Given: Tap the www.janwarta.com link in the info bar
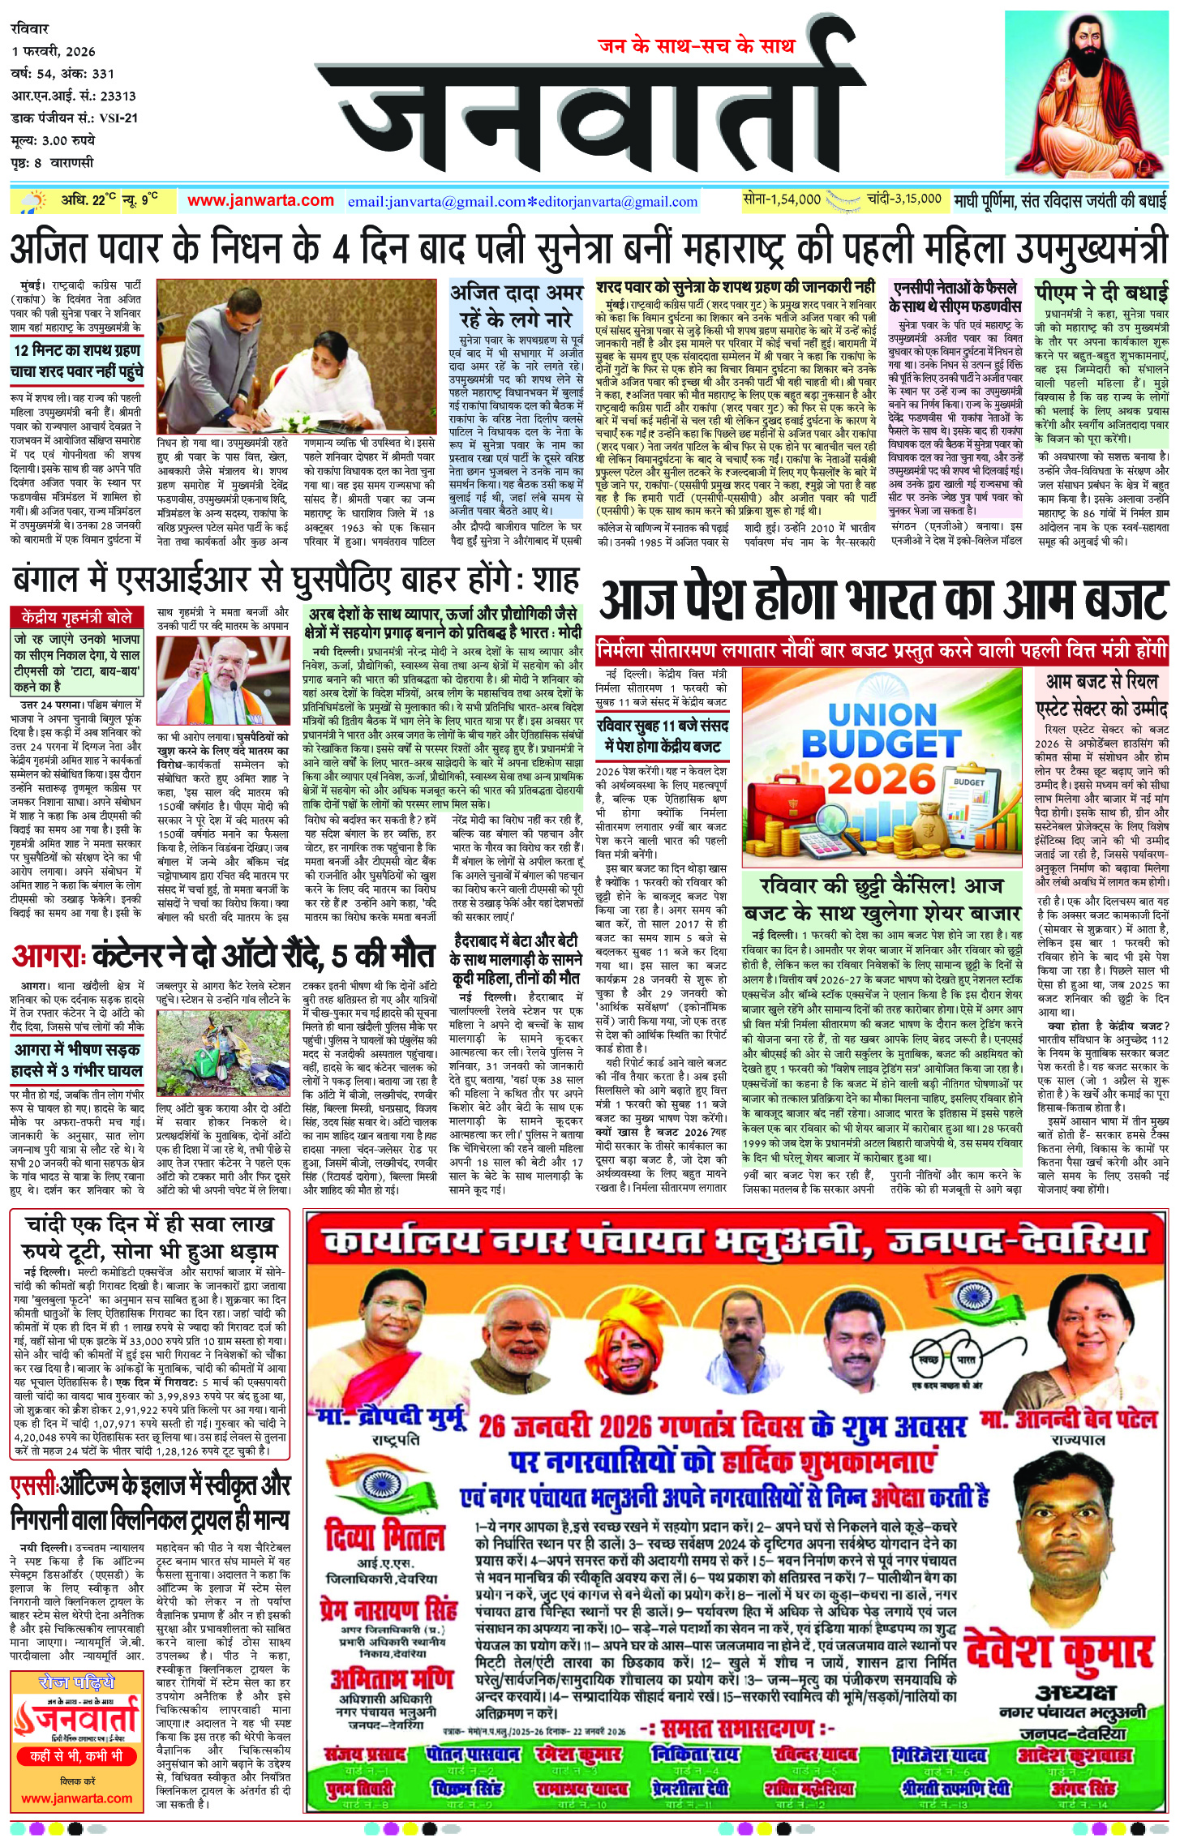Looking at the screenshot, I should pos(260,200).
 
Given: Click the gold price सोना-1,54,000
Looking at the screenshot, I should pos(782,199).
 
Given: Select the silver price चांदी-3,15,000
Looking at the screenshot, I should pos(903,199).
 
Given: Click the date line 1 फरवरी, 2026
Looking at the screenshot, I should pos(54,51).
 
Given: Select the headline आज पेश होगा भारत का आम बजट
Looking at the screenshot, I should pos(882,602).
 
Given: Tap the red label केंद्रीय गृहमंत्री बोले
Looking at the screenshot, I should pos(77,617).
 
